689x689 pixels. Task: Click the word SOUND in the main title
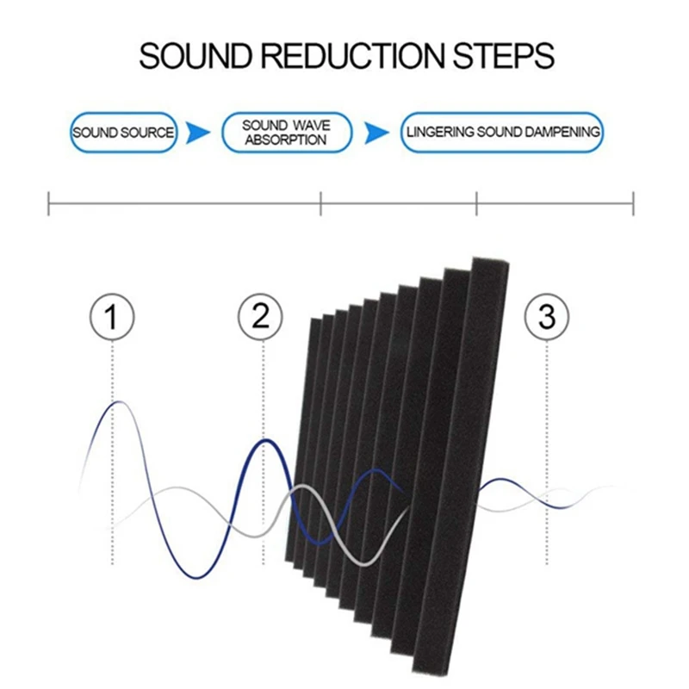(x=196, y=56)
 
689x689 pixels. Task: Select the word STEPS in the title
(x=504, y=56)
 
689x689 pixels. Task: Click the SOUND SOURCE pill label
(x=123, y=133)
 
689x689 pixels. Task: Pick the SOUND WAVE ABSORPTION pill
(x=287, y=133)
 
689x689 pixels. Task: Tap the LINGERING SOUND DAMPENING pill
(x=502, y=133)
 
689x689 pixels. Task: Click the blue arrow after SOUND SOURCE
(x=197, y=133)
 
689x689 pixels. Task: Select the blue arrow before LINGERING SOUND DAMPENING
(x=376, y=133)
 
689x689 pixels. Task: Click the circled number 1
(x=112, y=316)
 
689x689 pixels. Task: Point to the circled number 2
(x=260, y=316)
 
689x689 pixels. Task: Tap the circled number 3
(x=547, y=316)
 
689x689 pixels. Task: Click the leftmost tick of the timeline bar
(x=48, y=203)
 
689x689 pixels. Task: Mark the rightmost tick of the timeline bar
(x=633, y=203)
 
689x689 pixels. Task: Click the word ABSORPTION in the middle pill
(x=286, y=140)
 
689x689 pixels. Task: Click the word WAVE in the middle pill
(x=311, y=125)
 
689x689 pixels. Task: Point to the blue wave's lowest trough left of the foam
(x=196, y=577)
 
